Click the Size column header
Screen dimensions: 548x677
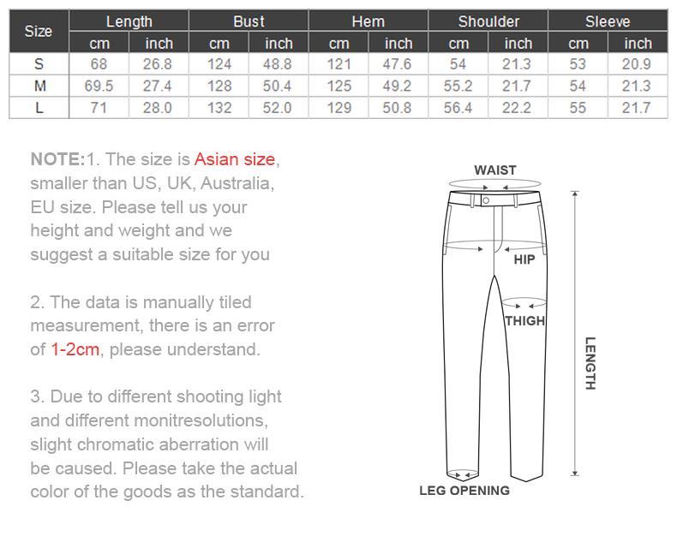(39, 32)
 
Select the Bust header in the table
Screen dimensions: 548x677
(249, 21)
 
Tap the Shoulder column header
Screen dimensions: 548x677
(488, 21)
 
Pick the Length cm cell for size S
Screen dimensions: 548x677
(99, 64)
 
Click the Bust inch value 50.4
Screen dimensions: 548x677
(279, 86)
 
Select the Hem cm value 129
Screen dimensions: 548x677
(339, 108)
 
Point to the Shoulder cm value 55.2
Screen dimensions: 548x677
(458, 86)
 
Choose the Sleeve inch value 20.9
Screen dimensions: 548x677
(638, 64)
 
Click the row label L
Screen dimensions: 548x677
(39, 108)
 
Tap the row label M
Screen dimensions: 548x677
(39, 86)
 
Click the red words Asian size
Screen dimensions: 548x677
(235, 159)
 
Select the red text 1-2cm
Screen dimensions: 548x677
(75, 349)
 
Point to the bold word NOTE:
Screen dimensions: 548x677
(57, 159)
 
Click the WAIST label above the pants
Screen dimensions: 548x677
(495, 170)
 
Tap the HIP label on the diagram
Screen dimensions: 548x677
(524, 259)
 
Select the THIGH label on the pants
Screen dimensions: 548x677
(524, 321)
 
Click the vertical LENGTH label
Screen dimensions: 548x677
(590, 363)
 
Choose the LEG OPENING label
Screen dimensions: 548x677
(464, 491)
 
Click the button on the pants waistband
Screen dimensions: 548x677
(486, 200)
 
